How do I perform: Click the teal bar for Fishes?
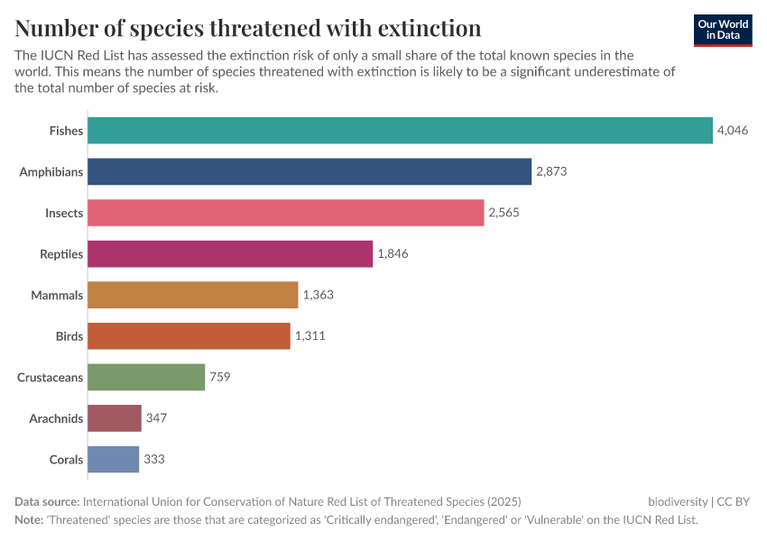point(400,131)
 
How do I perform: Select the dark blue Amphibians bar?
point(310,171)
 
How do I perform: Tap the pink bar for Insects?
point(286,213)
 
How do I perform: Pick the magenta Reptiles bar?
point(230,254)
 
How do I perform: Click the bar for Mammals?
point(193,295)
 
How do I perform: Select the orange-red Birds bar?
point(189,336)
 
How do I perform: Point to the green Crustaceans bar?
point(146,377)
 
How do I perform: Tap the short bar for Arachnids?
point(115,418)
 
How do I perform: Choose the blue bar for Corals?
point(114,459)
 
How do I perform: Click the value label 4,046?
point(732,131)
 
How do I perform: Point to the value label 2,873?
point(551,171)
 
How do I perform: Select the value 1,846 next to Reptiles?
point(393,254)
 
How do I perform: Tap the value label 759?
point(220,377)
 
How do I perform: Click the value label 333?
point(153,459)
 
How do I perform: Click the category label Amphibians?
point(51,171)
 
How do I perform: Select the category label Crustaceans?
point(51,377)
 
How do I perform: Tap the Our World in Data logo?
point(722,30)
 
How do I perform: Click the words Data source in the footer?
point(47,501)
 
